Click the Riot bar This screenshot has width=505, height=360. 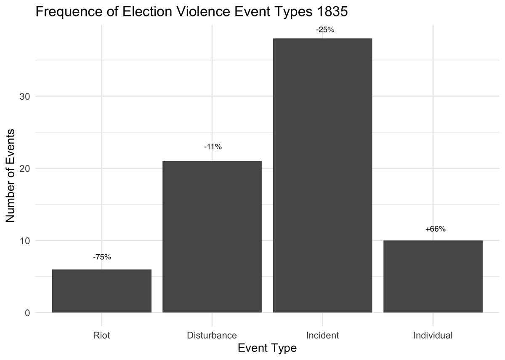pos(101,291)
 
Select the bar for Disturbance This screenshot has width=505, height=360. pos(212,237)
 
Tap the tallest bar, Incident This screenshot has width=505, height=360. pos(322,175)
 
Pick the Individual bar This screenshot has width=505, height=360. pos(433,276)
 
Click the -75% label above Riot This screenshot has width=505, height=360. pos(101,257)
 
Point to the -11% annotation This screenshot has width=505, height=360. pos(212,147)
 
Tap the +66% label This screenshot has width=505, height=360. pos(435,229)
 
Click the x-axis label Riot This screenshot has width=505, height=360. pos(101,336)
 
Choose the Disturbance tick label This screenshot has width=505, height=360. pos(212,336)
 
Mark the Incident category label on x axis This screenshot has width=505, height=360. pos(322,336)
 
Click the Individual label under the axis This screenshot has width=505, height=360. pos(433,336)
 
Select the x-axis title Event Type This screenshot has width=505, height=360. pos(267,348)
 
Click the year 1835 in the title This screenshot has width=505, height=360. pos(333,12)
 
